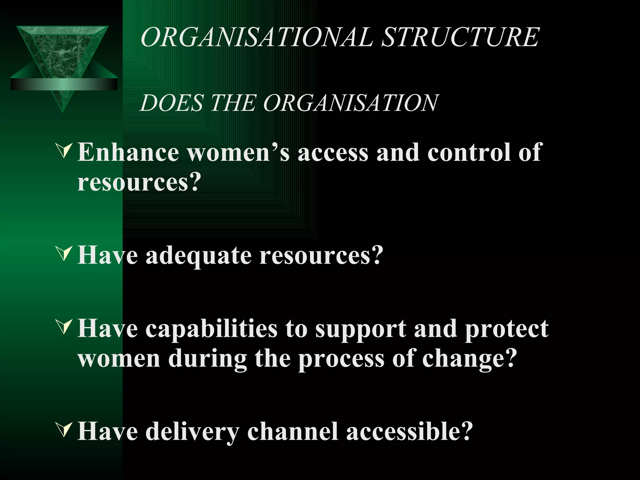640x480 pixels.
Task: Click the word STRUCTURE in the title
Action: pos(461,37)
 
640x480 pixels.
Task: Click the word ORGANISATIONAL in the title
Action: pos(257,37)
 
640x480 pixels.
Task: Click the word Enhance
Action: pos(128,152)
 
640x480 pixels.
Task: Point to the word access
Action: pos(333,153)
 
